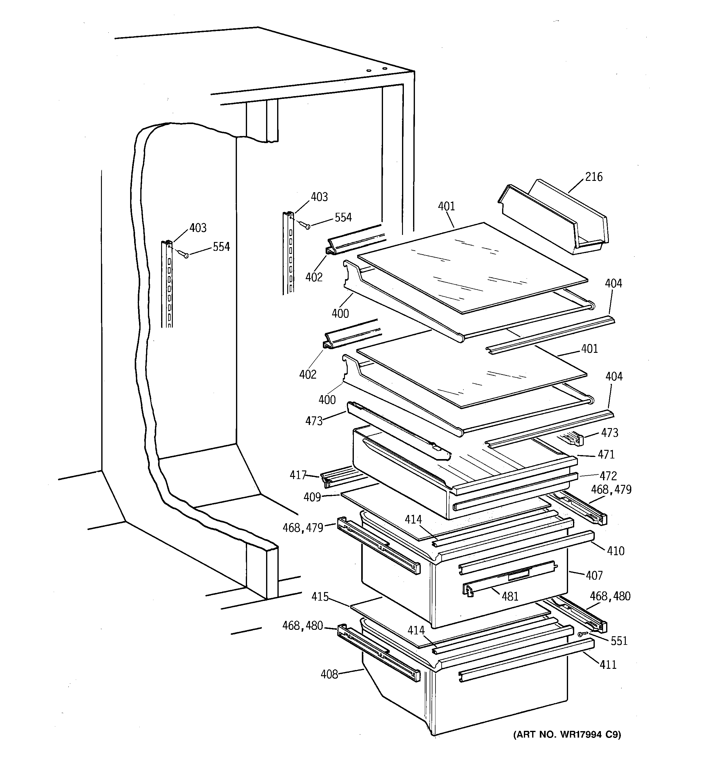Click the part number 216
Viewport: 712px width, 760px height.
[594, 177]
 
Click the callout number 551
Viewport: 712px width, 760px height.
[619, 641]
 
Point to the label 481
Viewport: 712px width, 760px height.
[510, 596]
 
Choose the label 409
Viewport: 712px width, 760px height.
[312, 497]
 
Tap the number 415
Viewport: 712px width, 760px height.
[320, 596]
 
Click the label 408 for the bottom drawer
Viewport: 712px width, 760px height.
[329, 674]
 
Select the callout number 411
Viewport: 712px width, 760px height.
[608, 665]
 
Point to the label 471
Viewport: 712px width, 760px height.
[606, 454]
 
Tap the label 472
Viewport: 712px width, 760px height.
[608, 476]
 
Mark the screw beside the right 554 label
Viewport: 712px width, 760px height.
[306, 226]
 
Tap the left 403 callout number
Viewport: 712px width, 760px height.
[198, 228]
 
